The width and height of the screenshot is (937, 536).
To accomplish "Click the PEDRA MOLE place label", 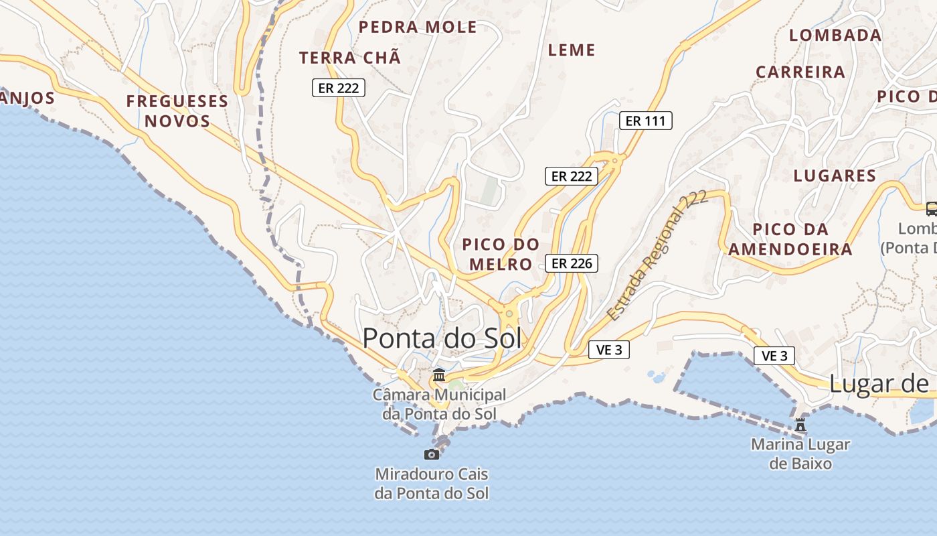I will (x=418, y=27).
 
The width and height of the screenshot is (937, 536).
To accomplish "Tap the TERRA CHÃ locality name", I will (x=350, y=58).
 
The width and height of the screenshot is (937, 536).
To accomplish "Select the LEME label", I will (x=572, y=50).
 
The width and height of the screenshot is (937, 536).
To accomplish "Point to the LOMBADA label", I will (x=835, y=36).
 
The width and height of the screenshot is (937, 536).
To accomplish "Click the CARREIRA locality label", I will (x=800, y=72).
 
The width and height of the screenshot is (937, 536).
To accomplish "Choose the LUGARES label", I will (x=835, y=176).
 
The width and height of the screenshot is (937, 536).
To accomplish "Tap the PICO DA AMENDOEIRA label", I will (x=790, y=239).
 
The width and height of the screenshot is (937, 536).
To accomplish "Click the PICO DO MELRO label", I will (x=501, y=254).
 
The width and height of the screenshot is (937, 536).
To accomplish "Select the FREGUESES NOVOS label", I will (x=177, y=111).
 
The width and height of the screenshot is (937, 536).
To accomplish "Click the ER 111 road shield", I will (x=645, y=121).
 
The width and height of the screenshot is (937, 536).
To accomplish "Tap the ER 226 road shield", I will (x=571, y=263).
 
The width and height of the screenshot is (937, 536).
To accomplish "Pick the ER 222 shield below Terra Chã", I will (x=339, y=88).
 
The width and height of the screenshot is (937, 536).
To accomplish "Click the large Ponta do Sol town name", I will (x=442, y=338).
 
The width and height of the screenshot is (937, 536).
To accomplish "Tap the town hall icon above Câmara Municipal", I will (x=439, y=375).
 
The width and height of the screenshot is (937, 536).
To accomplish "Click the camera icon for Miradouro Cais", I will (x=432, y=454).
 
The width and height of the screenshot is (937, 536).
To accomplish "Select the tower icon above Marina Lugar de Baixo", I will (x=800, y=424).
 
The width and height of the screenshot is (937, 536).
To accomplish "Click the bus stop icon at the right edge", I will (x=931, y=208).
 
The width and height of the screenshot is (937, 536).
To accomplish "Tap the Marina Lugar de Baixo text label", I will (x=800, y=454).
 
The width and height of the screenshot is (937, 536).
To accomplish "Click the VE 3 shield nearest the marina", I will (x=775, y=356).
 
